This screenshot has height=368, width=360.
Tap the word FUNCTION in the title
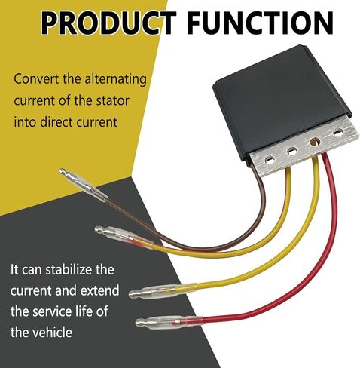tap(261, 23)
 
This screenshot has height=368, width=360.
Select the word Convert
tap(37, 79)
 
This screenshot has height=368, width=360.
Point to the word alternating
tap(115, 80)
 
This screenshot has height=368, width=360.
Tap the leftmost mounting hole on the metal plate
tap(270, 160)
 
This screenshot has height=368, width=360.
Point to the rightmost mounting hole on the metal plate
tap(338, 133)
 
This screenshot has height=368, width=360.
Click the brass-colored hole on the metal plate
tap(315, 142)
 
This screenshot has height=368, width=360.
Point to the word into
tap(25, 122)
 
